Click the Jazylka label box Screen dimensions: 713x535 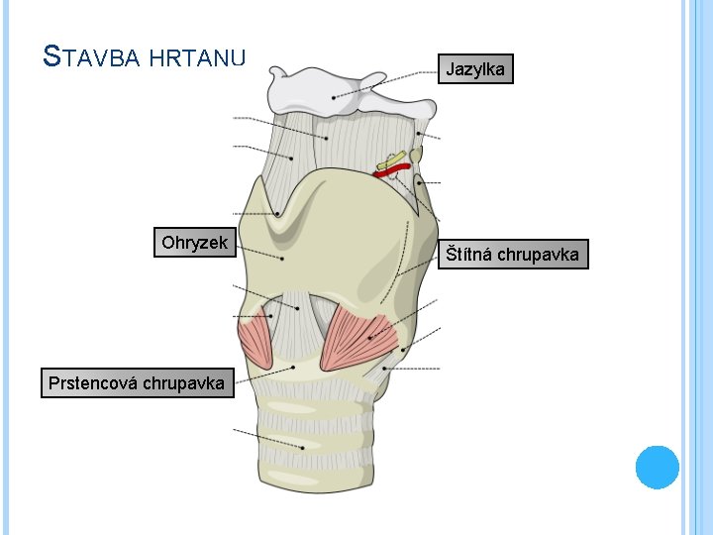click(x=475, y=69)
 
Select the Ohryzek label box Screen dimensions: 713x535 click(x=194, y=243)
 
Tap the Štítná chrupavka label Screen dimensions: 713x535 click(x=513, y=255)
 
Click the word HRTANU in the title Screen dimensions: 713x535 click(x=199, y=57)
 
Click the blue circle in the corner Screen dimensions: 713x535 click(x=657, y=467)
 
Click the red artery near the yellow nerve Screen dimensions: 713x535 click(x=391, y=171)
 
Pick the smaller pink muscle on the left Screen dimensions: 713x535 click(x=256, y=337)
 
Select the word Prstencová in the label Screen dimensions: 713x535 click(x=93, y=382)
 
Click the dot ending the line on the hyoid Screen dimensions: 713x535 click(x=333, y=97)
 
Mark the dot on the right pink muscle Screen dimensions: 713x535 click(x=370, y=338)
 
